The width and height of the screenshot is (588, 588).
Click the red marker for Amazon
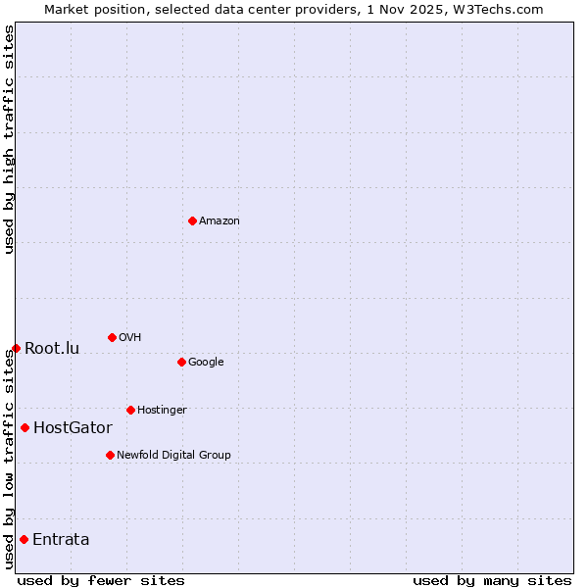point(192,220)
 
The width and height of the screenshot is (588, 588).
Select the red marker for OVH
point(112,337)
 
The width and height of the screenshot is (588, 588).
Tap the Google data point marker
point(181,362)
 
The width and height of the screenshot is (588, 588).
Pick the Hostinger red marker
point(130,410)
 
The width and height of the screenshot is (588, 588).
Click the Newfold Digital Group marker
point(110,455)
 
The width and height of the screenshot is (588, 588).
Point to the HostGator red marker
point(24,427)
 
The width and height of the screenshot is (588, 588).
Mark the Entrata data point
point(24,539)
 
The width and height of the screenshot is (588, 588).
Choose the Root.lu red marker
point(16,348)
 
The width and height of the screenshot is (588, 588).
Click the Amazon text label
point(220,221)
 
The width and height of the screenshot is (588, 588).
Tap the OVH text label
point(130,338)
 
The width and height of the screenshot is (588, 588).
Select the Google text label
point(206,363)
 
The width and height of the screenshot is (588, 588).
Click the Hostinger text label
point(162,411)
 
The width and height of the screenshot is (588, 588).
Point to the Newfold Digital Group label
point(173,456)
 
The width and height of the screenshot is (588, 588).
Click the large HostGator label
point(73,428)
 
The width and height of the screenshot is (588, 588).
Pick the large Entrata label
point(61,540)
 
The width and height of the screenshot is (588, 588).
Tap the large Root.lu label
point(52,349)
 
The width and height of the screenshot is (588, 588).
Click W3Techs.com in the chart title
point(500,9)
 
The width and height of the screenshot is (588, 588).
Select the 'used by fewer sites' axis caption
point(101,580)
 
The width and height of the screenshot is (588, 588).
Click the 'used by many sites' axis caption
point(492,580)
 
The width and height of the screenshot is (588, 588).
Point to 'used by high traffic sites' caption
point(9,139)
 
